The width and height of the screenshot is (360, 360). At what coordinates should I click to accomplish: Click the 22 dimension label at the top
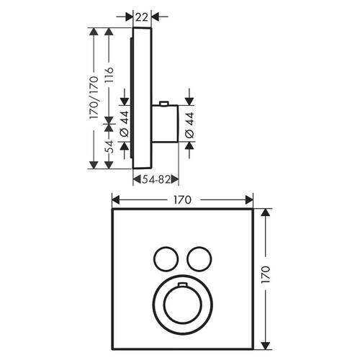coord(141,17)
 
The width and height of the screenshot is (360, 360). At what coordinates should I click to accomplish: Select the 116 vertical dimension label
coord(109,75)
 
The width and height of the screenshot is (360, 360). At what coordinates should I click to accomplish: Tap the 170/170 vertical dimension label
coord(94,97)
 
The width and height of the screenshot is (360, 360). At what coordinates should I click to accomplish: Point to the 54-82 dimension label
coord(156,179)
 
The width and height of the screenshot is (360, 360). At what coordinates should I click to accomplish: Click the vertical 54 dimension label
coord(109,147)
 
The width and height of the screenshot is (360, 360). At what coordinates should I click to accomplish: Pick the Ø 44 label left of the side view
coord(125,124)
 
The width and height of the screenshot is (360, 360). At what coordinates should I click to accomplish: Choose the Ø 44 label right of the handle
coord(189,125)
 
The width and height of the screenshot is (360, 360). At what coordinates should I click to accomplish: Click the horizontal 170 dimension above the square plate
coord(183,199)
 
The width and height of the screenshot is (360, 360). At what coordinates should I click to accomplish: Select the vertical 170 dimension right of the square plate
coord(266,274)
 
